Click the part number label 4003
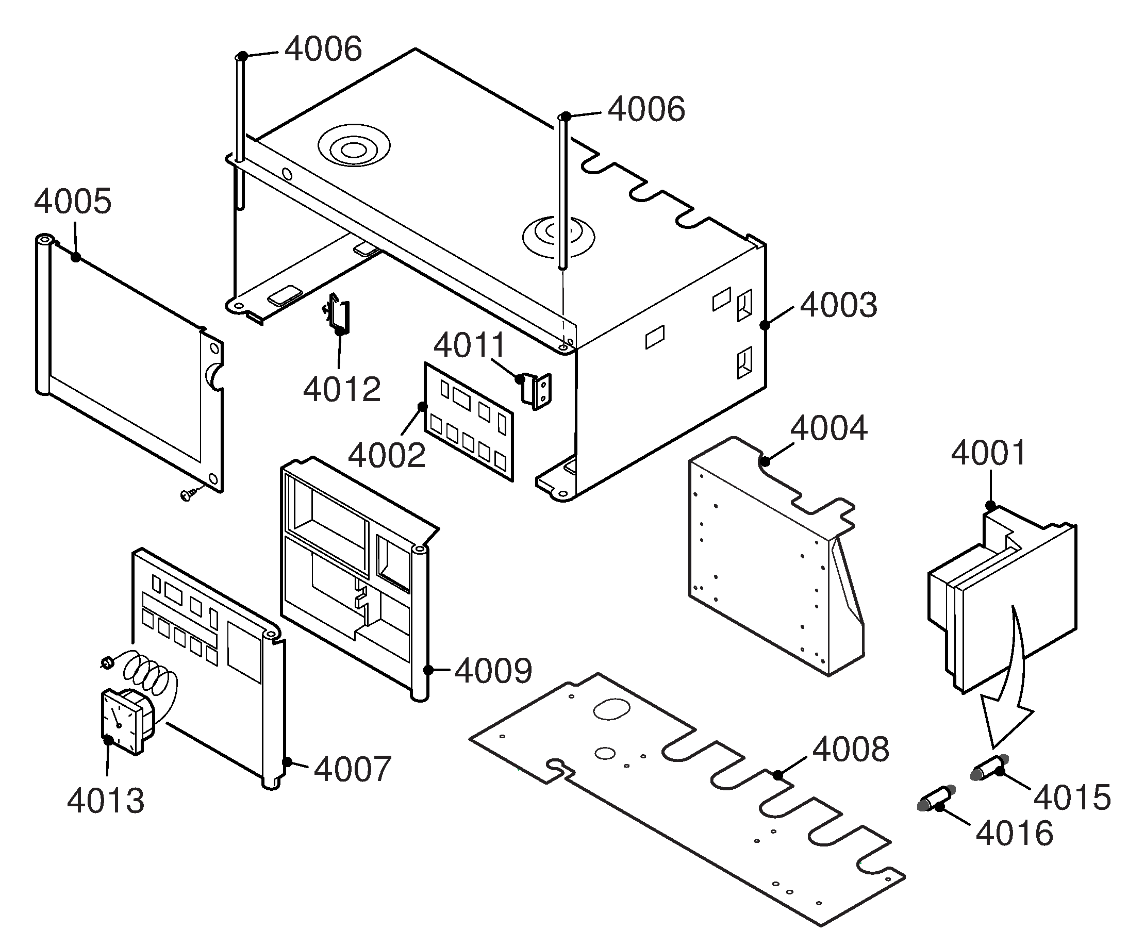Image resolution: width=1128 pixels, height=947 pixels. pyautogui.click(x=838, y=305)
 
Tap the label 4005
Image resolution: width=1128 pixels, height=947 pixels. pyautogui.click(x=73, y=202)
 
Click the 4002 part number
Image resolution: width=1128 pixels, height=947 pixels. pyautogui.click(x=386, y=456)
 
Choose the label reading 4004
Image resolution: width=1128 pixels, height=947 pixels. pyautogui.click(x=828, y=428)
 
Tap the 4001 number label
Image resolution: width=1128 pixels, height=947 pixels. pyautogui.click(x=988, y=453)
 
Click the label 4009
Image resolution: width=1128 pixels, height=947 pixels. pyautogui.click(x=493, y=671)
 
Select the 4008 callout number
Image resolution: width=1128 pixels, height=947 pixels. pyautogui.click(x=850, y=750)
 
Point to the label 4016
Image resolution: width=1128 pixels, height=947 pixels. pyautogui.click(x=1014, y=834)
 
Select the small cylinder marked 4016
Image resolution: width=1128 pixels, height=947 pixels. pyautogui.click(x=937, y=798)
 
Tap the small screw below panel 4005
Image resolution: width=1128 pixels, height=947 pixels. pyautogui.click(x=189, y=494)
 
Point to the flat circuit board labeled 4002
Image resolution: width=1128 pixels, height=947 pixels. pyautogui.click(x=469, y=422)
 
